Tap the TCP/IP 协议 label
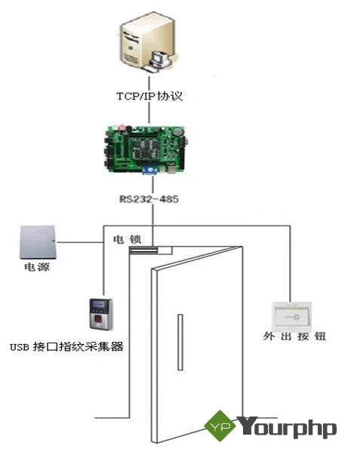[149, 96]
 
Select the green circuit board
[145, 149]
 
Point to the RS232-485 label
[149, 199]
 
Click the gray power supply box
[38, 242]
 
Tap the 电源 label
[37, 266]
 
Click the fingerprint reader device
[100, 314]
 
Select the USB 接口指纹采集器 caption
[66, 346]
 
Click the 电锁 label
[127, 239]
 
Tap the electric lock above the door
[143, 250]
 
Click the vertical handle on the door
[180, 342]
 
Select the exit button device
[291, 316]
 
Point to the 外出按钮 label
[294, 337]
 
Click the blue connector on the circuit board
[149, 171]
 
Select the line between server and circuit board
[149, 100]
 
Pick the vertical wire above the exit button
[290, 264]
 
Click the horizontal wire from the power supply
[80, 241]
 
